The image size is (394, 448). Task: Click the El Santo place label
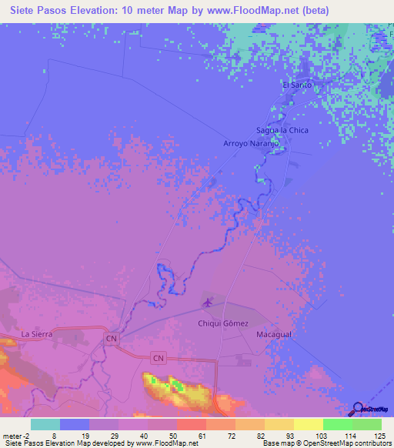pyautogui.click(x=297, y=85)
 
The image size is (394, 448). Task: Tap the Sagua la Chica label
pyautogui.click(x=282, y=130)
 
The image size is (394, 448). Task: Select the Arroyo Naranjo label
pyautogui.click(x=249, y=144)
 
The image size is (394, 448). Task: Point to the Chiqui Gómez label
pyautogui.click(x=223, y=323)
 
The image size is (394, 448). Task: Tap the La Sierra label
pyautogui.click(x=36, y=334)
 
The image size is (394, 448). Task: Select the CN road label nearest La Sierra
pyautogui.click(x=112, y=338)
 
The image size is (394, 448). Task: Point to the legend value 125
pyautogui.click(x=378, y=435)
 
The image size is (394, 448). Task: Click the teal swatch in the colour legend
pyautogui.click(x=45, y=424)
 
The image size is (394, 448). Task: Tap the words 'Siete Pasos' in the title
pyautogui.click(x=39, y=11)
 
